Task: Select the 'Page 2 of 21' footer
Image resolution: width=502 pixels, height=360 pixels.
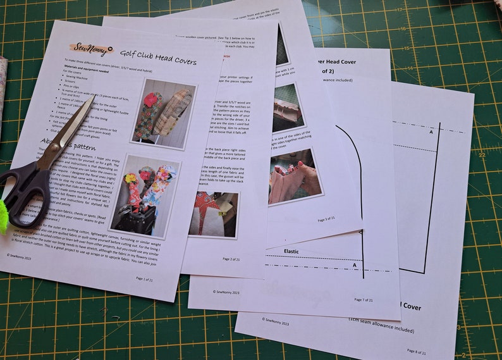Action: pyautogui.click(x=234, y=259)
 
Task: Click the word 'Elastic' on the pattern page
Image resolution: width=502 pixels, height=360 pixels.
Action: pyautogui.click(x=291, y=251)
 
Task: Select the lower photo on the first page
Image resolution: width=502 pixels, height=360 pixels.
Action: pyautogui.click(x=145, y=196)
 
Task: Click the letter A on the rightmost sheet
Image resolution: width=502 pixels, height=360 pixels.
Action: pyautogui.click(x=431, y=132)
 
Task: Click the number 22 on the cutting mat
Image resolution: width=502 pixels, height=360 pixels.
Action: pyautogui.click(x=482, y=154)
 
